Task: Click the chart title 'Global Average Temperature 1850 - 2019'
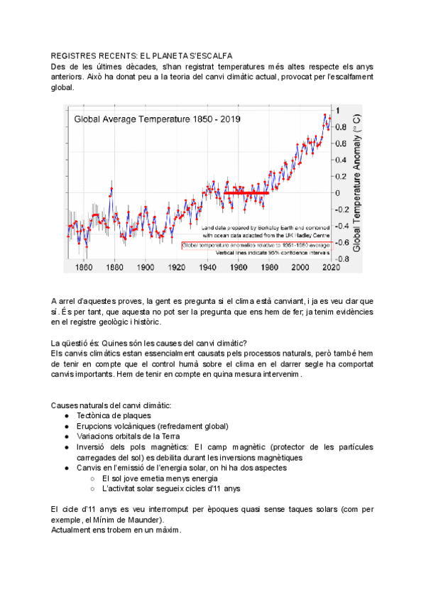pos(157,119)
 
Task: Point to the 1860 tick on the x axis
pos(83,268)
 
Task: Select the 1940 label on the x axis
pos(207,268)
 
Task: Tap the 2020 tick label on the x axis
pos(331,268)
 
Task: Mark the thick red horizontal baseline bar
pos(246,192)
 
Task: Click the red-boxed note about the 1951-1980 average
pos(256,245)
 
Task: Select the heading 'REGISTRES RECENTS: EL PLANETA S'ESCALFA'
pos(142,56)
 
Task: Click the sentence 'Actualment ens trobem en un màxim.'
pos(116,530)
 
